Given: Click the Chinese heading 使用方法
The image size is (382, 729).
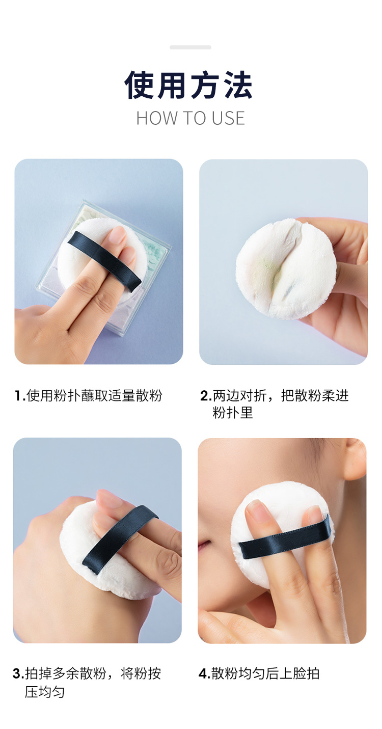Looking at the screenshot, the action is pyautogui.click(x=189, y=85).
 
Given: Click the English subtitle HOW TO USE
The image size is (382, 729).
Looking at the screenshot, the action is pyautogui.click(x=190, y=118).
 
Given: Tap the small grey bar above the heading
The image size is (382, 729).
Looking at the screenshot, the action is pyautogui.click(x=190, y=47).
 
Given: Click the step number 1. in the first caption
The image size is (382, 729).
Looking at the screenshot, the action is pyautogui.click(x=20, y=396).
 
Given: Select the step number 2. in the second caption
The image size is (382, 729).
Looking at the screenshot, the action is pyautogui.click(x=206, y=396).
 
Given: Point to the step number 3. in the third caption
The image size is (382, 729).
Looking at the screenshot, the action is pyautogui.click(x=18, y=673).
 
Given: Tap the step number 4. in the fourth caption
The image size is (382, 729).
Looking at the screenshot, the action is pyautogui.click(x=205, y=673).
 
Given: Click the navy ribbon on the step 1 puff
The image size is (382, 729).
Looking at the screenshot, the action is pyautogui.click(x=104, y=261).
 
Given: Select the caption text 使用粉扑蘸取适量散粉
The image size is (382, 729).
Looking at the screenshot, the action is pyautogui.click(x=94, y=396).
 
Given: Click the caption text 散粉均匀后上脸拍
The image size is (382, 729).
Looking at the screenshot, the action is pyautogui.click(x=265, y=673).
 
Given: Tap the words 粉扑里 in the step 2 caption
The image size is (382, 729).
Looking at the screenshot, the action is pyautogui.click(x=233, y=413).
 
